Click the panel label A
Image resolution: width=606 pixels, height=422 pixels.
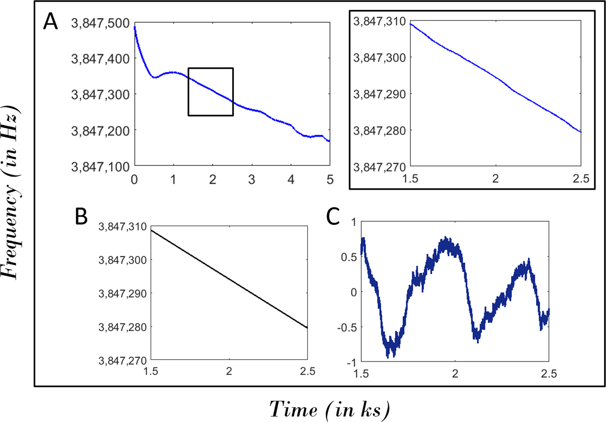pos(50,22)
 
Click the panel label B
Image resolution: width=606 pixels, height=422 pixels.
pos(81,217)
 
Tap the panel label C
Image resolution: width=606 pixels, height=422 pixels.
pos(333,217)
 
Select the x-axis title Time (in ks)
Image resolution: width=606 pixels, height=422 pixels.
pos(329,409)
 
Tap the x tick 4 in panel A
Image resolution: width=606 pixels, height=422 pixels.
pos(291,180)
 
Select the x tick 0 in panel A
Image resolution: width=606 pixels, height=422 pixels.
pos(134,180)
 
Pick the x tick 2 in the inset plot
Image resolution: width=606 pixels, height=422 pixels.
pos(495,179)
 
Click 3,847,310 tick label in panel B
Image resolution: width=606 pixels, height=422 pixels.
pos(122,227)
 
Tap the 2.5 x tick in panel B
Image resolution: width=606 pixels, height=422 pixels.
pos(308,372)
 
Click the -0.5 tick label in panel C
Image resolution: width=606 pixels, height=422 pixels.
pos(347,327)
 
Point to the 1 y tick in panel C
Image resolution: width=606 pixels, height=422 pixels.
pos(354,223)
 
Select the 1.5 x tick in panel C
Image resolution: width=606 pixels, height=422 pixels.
pos(361,374)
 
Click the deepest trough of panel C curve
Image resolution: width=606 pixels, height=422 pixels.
pos(388,356)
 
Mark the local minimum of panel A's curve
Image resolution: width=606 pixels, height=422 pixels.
pos(154,78)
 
